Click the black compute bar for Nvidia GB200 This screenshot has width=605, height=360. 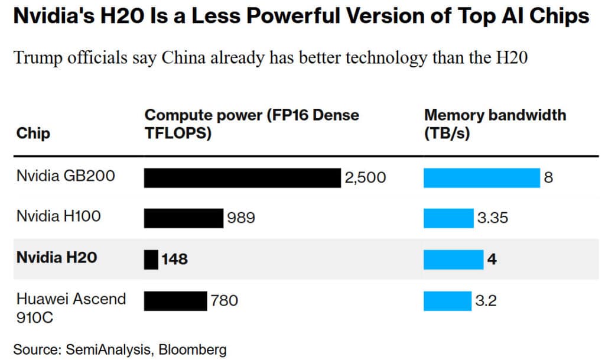(242, 177)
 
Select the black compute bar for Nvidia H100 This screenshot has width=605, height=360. (183, 218)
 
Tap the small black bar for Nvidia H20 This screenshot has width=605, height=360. (151, 259)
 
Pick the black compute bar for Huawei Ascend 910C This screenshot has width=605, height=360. (175, 300)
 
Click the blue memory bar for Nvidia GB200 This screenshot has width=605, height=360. (482, 177)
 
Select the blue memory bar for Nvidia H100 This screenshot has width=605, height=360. (448, 218)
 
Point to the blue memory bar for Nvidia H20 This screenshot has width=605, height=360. (453, 259)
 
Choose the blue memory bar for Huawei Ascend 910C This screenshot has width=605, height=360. (447, 300)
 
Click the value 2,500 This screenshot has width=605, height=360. (365, 177)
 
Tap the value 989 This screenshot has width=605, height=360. (241, 218)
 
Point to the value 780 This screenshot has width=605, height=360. (225, 300)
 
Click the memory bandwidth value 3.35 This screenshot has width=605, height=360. (493, 218)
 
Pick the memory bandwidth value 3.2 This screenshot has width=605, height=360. (486, 300)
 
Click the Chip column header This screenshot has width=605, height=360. (33, 133)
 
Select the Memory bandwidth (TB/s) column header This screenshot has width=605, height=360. (495, 124)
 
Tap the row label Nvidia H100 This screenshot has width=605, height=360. (58, 216)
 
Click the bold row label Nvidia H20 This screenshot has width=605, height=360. (57, 257)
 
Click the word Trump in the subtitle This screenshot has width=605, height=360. (37, 58)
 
